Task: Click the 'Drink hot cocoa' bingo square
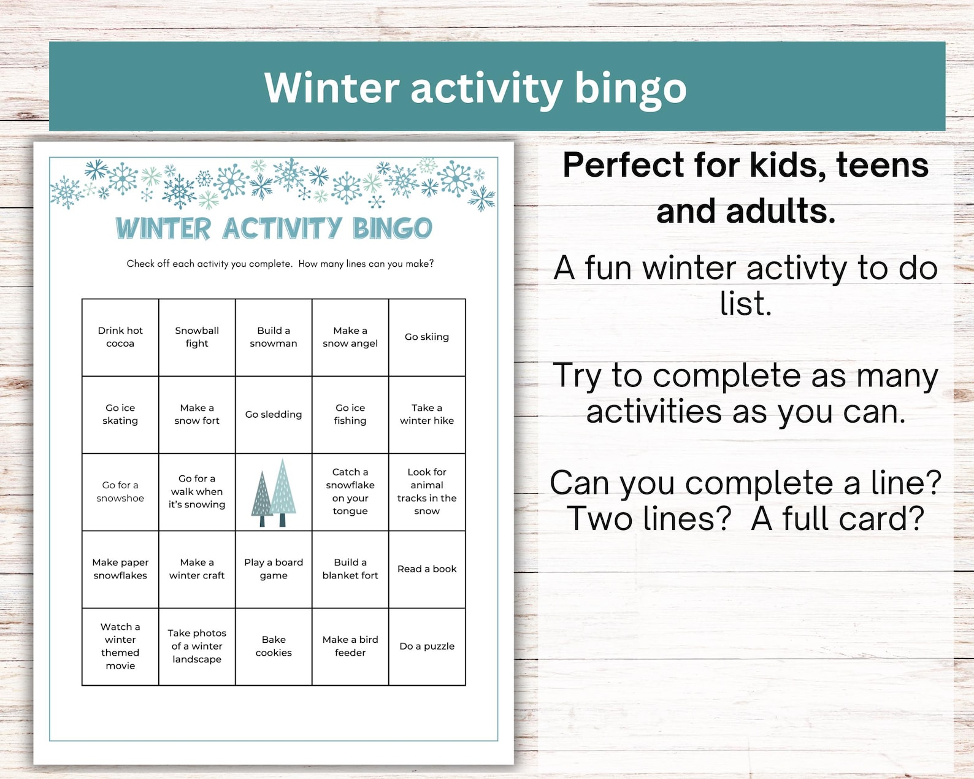click(120, 337)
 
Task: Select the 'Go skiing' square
click(427, 337)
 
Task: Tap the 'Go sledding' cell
click(274, 415)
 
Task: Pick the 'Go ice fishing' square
click(350, 415)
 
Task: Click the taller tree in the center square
click(283, 491)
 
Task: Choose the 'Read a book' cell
click(427, 569)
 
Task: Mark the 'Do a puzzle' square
click(427, 647)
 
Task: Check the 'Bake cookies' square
click(274, 647)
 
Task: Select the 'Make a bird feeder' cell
click(350, 647)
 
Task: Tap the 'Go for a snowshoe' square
click(120, 492)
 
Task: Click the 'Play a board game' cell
click(274, 569)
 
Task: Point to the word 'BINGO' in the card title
click(393, 228)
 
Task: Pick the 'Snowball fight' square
click(197, 337)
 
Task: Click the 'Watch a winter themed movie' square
click(120, 647)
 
